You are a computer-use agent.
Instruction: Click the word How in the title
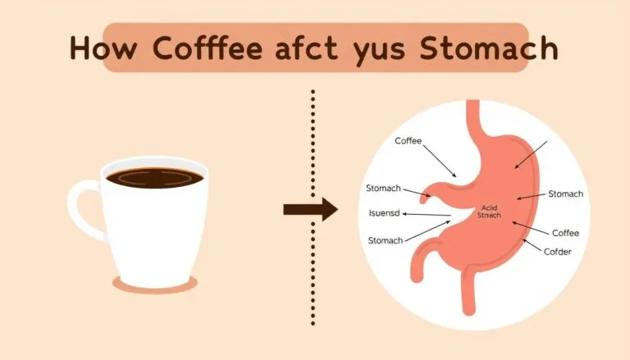click(93, 48)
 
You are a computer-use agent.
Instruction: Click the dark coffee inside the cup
click(153, 177)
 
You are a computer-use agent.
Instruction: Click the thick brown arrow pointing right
click(309, 209)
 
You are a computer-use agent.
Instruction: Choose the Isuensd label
click(386, 214)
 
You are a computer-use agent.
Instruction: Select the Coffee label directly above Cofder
click(565, 233)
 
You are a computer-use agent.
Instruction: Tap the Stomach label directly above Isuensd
click(385, 189)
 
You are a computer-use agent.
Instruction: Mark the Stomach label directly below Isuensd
click(385, 240)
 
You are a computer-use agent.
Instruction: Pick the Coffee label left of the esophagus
click(408, 141)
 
